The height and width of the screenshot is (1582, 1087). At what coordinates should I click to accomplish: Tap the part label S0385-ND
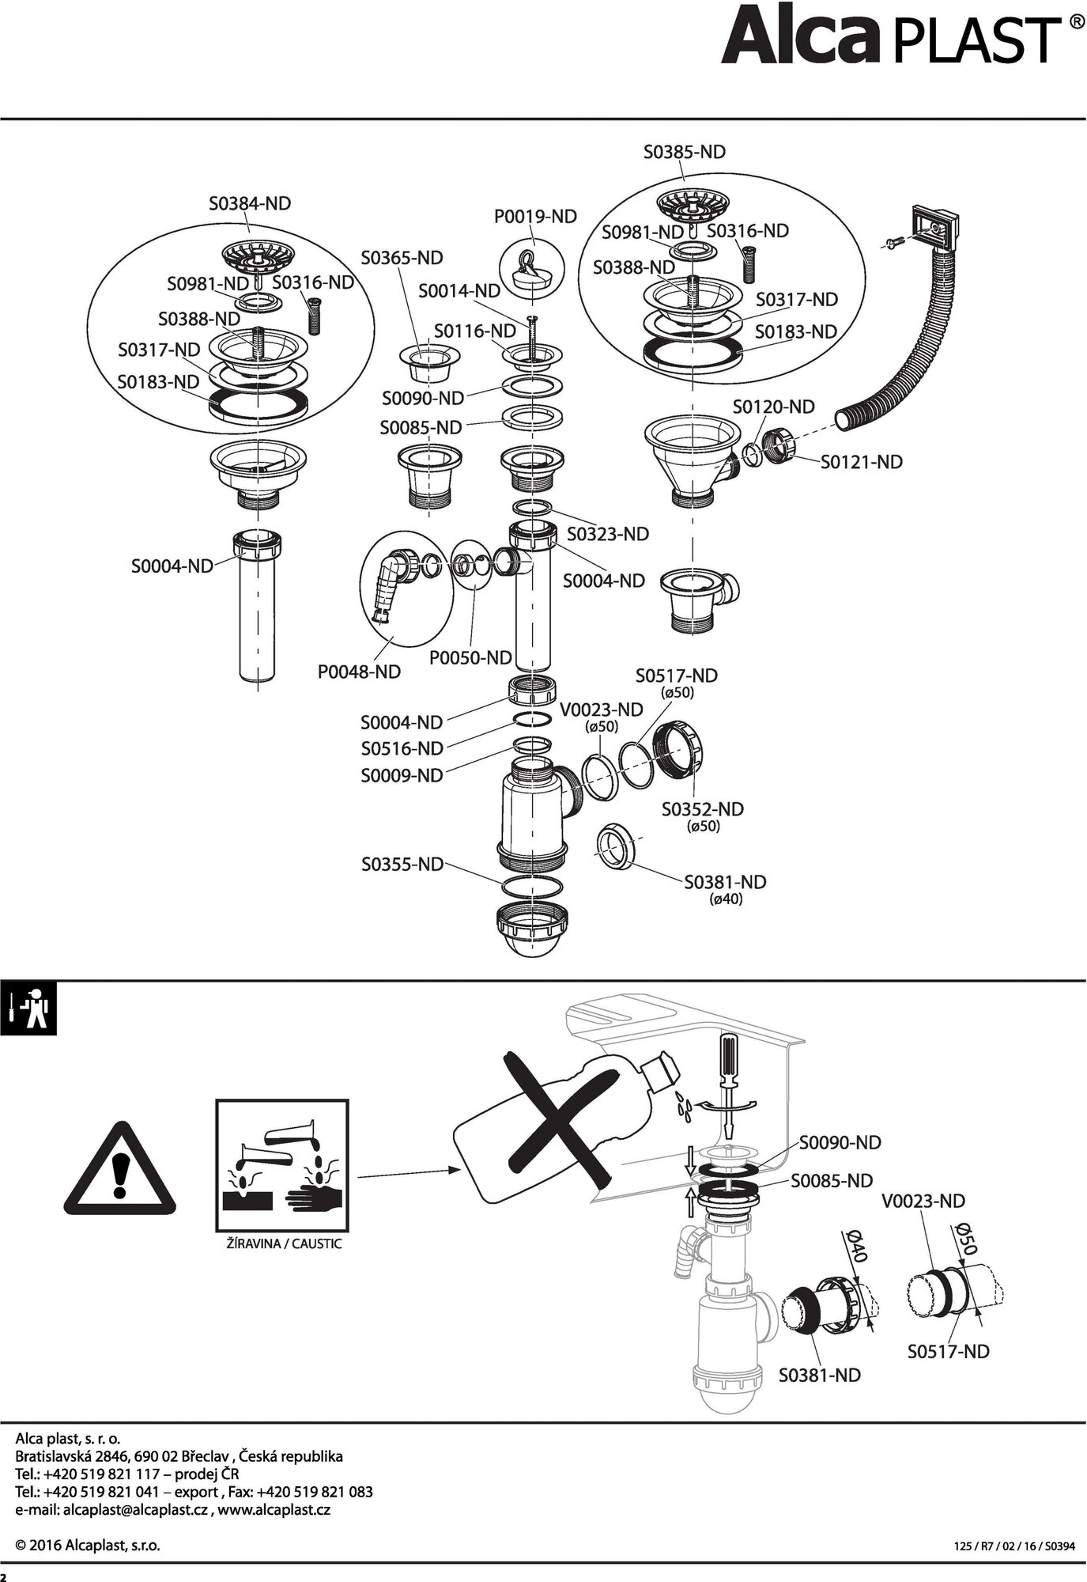coord(684,152)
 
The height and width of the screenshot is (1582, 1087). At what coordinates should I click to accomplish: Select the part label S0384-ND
coord(250,203)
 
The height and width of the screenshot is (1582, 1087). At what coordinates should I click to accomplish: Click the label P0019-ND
coord(535,216)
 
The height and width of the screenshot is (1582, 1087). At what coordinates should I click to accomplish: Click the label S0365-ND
coord(402,258)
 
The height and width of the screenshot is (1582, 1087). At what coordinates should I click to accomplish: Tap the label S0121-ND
coord(861,461)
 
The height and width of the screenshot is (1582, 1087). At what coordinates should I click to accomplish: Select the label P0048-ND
coord(359,672)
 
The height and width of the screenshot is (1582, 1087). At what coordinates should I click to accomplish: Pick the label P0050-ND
coord(470,657)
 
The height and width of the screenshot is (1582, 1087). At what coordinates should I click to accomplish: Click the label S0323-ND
coord(607,534)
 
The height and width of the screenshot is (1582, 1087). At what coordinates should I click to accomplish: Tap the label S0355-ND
coord(402,864)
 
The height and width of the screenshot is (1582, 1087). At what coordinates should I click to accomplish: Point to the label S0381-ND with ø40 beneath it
coord(725,882)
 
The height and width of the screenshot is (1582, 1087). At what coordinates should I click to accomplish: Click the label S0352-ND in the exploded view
coord(702,808)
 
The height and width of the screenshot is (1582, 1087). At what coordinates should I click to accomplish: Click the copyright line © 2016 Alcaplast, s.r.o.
coord(88,1546)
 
